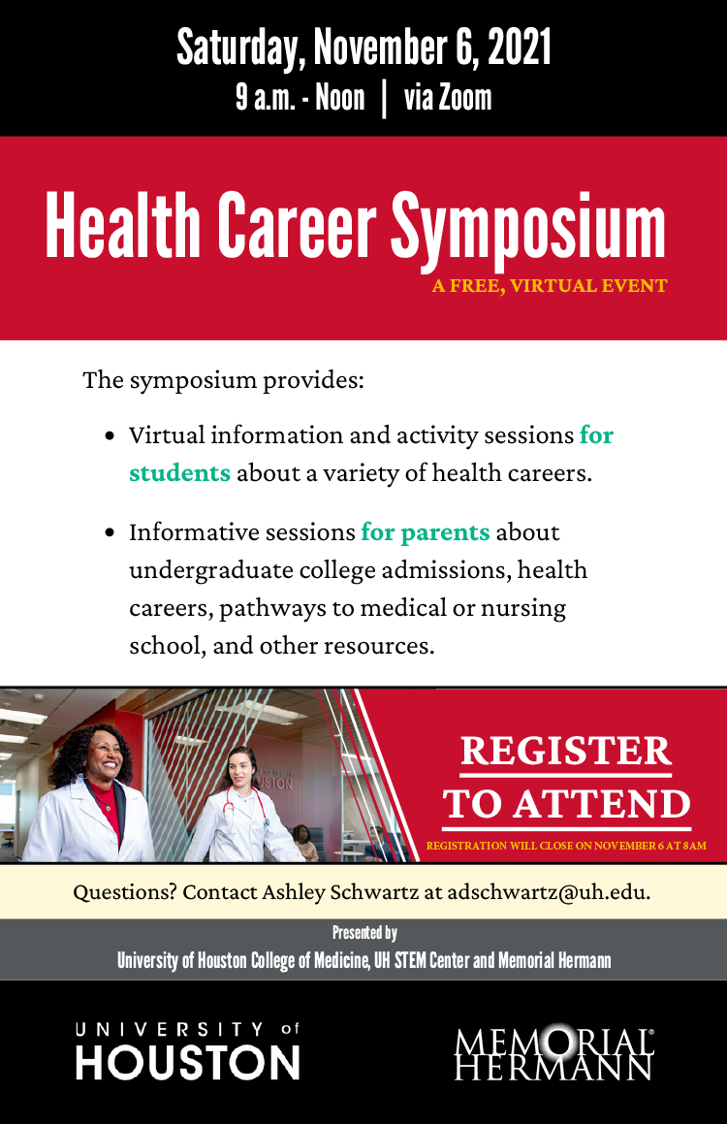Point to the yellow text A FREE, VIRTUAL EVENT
click(551, 286)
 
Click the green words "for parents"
click(426, 532)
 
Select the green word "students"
click(179, 474)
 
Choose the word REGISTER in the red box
click(566, 751)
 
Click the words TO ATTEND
click(567, 804)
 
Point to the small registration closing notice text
click(566, 846)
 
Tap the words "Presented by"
click(364, 933)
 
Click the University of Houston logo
click(187, 1051)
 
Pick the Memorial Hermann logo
click(553, 1052)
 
